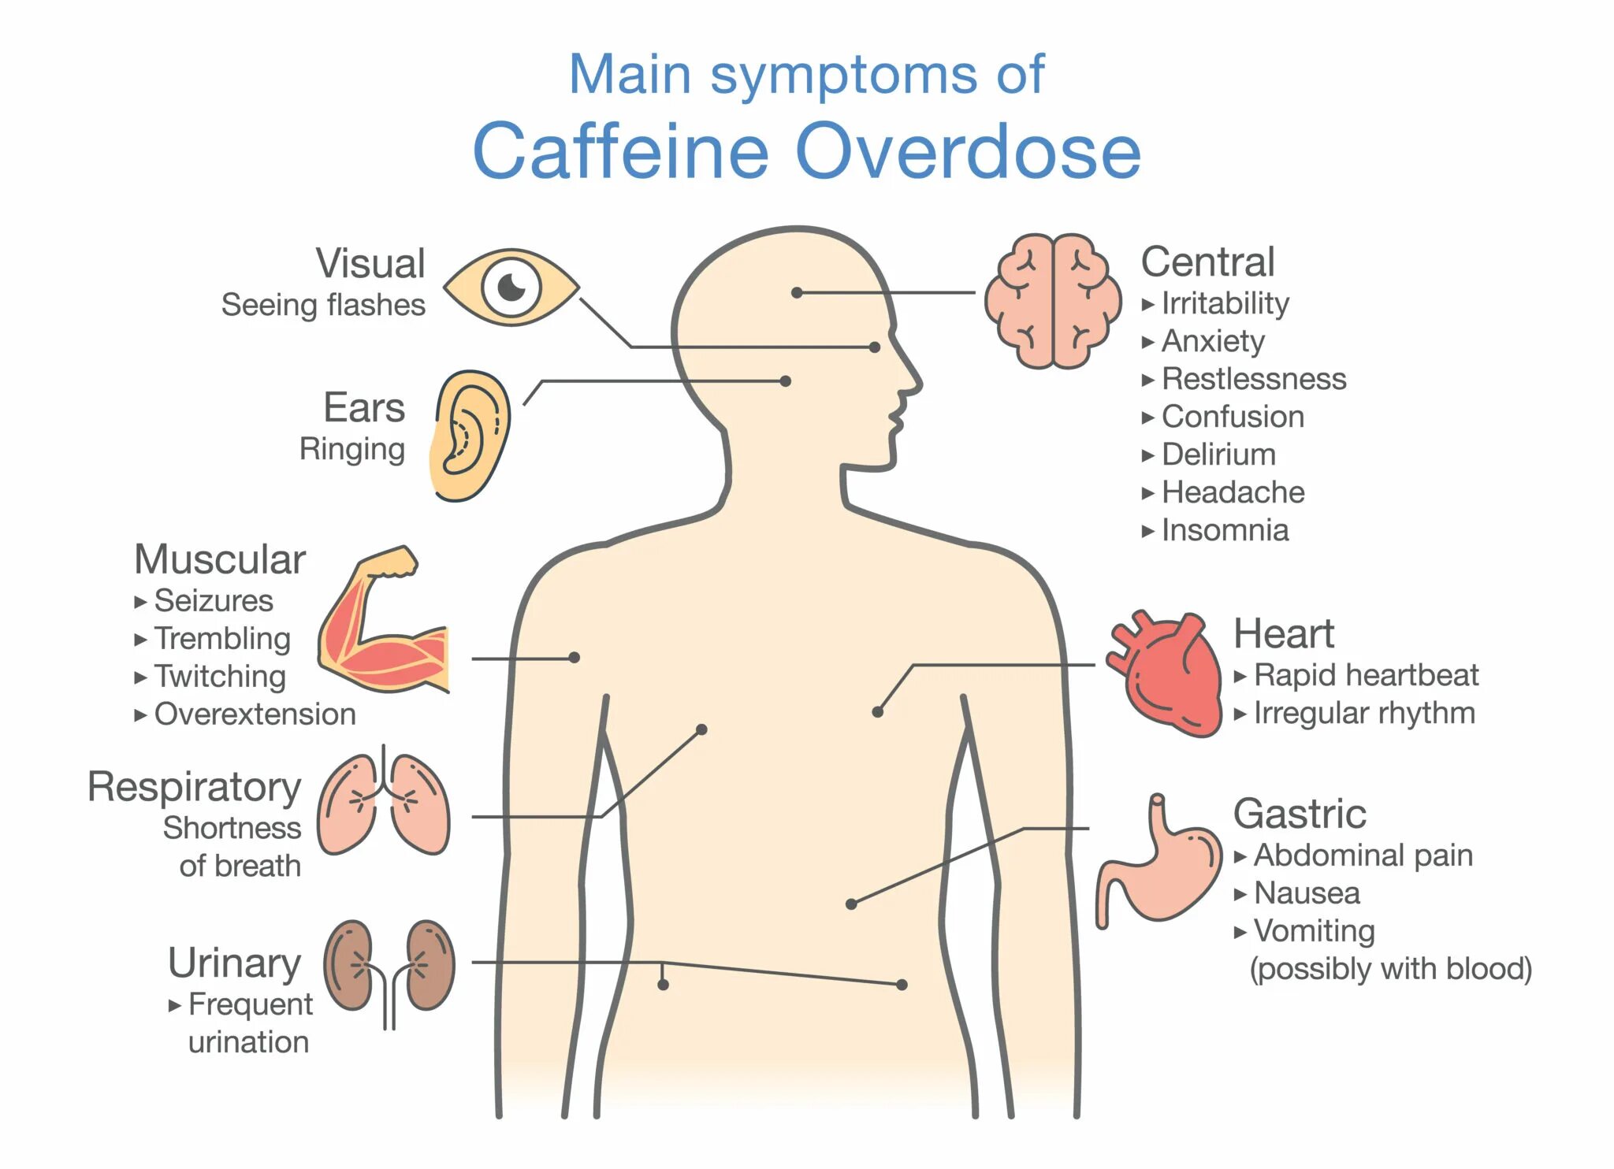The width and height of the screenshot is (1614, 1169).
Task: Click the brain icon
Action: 1053,301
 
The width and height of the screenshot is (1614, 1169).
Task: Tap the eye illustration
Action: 511,288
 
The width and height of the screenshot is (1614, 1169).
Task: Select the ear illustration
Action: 470,436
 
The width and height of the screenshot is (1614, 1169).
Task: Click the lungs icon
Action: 384,804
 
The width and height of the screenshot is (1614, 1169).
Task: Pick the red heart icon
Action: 1165,674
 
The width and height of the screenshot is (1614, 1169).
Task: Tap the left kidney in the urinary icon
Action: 348,965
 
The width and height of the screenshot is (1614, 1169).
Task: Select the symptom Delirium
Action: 1218,455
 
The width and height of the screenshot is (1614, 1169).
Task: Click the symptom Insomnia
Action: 1225,530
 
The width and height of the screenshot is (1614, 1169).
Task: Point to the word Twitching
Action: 220,676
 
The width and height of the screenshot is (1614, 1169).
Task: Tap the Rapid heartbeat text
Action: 1365,675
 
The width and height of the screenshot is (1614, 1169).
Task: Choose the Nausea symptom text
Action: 1306,893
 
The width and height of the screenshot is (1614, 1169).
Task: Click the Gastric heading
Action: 1300,814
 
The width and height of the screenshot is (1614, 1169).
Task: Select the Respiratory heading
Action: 195,787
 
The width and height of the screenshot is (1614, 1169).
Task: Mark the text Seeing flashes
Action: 323,305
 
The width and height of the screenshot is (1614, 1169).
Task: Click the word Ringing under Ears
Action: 351,449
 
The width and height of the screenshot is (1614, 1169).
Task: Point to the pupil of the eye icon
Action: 511,287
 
